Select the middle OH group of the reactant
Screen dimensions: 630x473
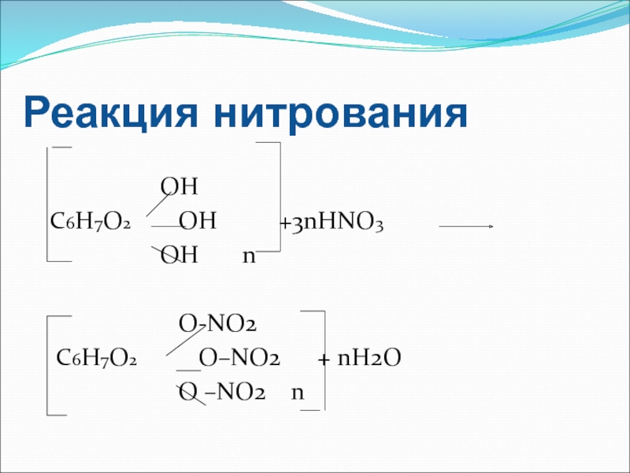[197, 222]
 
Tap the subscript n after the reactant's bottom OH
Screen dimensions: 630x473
[249, 257]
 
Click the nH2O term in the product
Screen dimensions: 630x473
[369, 359]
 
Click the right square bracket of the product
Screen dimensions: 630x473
[323, 360]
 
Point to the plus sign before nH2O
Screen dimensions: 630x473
[323, 360]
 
